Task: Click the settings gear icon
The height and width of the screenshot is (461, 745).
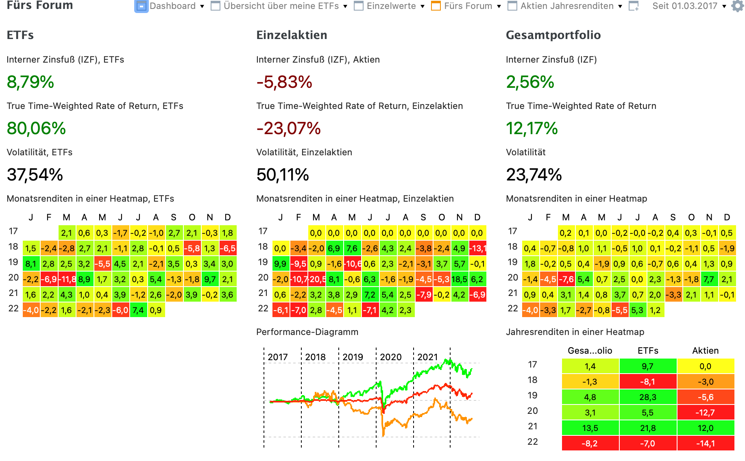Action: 737,6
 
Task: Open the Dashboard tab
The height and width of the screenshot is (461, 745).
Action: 172,6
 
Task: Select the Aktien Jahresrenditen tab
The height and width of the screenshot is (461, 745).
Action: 566,6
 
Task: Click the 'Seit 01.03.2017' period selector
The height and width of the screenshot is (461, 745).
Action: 685,6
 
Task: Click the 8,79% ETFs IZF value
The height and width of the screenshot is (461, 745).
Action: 30,82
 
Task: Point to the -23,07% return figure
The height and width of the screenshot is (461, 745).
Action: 288,128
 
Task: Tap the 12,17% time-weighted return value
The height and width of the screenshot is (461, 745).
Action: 532,128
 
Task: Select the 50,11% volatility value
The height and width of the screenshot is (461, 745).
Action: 283,175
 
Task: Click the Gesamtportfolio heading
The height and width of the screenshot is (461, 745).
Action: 553,35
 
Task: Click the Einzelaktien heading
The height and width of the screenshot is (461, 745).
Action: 292,35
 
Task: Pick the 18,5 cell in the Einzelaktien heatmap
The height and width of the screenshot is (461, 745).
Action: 459,279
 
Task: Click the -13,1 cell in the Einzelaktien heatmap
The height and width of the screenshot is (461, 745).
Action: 477,248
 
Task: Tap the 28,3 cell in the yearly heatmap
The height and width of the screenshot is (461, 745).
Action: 648,397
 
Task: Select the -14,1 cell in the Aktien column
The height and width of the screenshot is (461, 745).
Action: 706,444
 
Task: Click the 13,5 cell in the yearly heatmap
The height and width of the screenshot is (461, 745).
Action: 590,428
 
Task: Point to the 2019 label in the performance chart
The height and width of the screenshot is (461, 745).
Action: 353,357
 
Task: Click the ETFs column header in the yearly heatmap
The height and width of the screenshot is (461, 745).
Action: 648,350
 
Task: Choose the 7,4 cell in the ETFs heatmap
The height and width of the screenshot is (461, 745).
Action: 138,310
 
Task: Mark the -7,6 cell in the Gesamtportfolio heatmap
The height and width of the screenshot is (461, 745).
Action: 566,279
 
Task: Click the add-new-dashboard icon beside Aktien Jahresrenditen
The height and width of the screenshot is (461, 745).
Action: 634,6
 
